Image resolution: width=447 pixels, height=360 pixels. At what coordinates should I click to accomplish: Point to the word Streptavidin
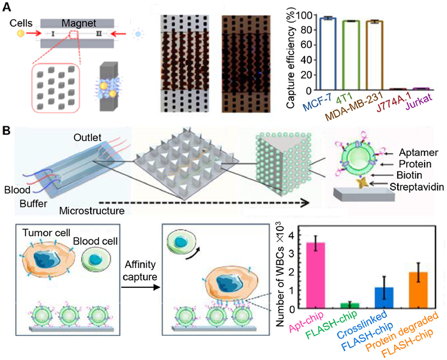tap(405, 190)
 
